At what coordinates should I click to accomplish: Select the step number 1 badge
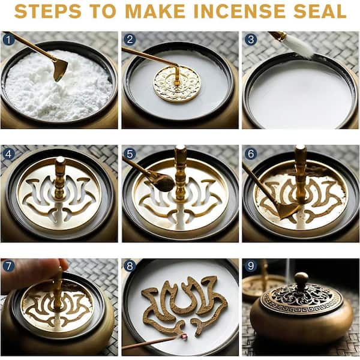[x=8, y=40]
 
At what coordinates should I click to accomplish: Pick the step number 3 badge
[x=250, y=39]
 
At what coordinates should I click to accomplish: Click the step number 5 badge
[x=130, y=154]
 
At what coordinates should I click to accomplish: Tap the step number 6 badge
[x=250, y=154]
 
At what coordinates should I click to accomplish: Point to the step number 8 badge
[x=130, y=266]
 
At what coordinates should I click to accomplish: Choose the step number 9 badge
[x=250, y=266]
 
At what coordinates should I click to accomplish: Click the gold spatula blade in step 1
[x=60, y=70]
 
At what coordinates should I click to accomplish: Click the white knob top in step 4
[x=61, y=160]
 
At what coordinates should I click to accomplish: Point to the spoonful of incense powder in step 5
[x=166, y=183]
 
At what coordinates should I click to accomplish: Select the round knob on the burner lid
[x=301, y=279]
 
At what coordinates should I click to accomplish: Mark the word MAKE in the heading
[x=155, y=11]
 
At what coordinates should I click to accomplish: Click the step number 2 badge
[x=130, y=39]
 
